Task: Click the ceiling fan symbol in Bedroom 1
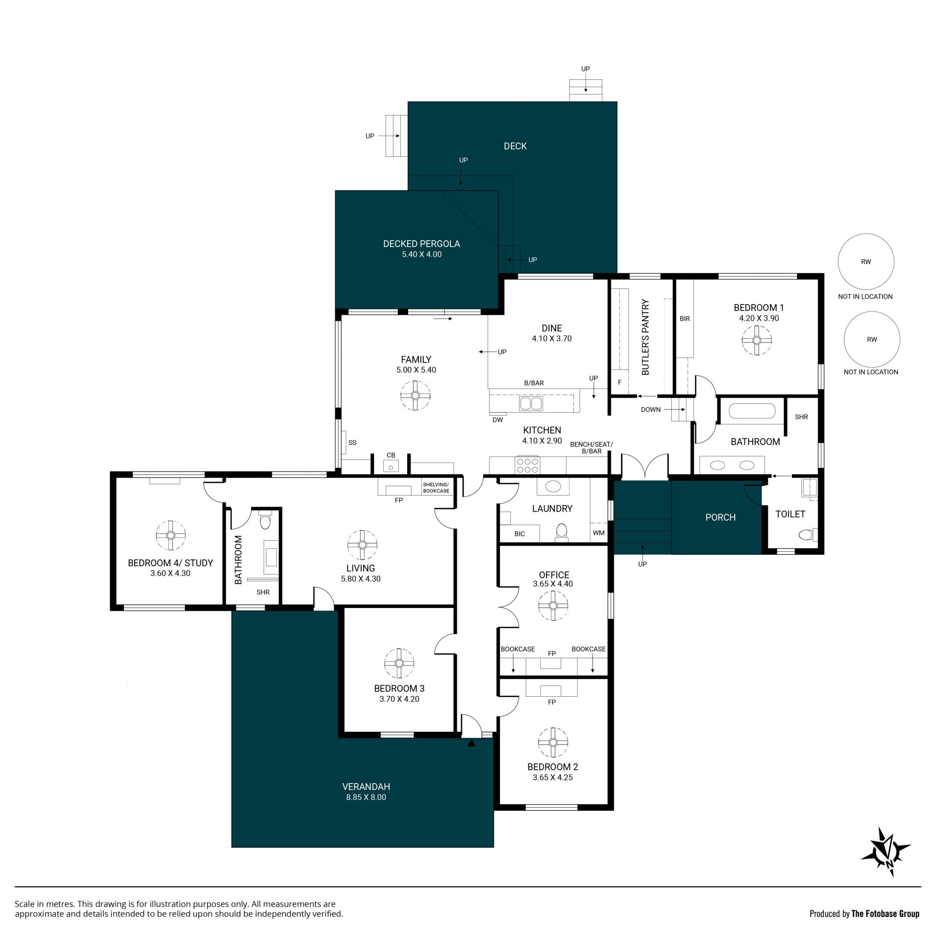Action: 757,340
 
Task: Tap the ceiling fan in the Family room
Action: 415,395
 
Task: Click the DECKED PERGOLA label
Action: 422,244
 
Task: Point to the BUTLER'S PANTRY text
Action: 645,337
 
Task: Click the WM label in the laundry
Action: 599,533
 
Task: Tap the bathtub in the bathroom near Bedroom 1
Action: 752,411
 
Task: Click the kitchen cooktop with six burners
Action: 527,465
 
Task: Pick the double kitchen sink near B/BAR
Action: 531,403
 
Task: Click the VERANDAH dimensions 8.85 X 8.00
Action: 366,797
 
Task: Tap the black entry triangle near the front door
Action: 471,743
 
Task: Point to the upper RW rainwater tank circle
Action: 866,262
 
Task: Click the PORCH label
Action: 721,517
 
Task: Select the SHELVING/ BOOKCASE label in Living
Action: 436,488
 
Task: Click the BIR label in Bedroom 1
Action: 685,319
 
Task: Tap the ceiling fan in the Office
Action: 553,606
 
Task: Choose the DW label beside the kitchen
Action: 498,420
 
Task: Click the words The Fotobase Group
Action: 885,914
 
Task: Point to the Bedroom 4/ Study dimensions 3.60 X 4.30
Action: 170,573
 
